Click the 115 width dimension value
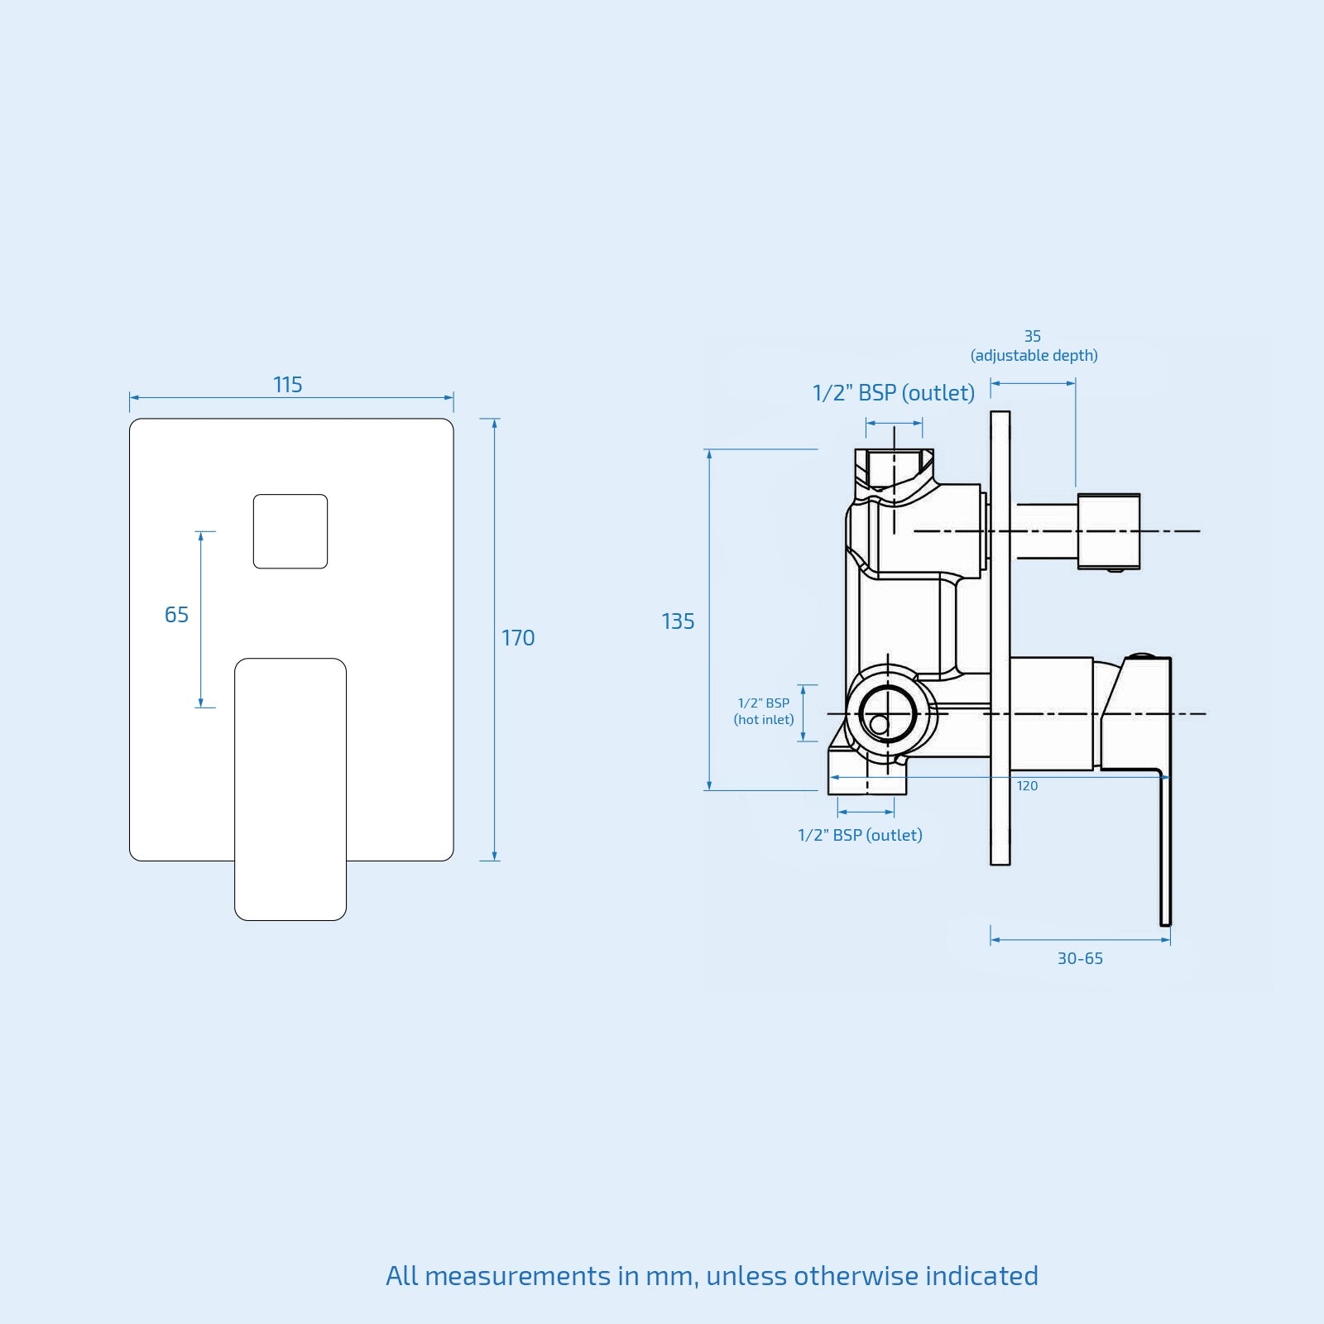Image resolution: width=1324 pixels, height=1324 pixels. (288, 385)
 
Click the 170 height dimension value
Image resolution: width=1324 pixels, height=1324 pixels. (518, 638)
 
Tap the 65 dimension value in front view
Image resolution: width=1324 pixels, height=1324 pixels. (176, 615)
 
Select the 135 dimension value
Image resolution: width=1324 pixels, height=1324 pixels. (678, 621)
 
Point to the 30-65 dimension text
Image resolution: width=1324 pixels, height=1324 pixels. (1080, 958)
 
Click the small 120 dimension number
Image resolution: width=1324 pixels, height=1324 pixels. (1027, 786)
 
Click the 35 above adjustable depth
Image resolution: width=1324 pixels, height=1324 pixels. (1033, 336)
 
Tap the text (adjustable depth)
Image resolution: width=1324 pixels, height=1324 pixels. (1034, 356)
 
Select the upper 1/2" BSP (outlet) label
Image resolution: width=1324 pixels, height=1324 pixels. (894, 393)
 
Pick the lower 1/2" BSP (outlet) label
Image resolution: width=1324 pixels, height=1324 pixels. (860, 835)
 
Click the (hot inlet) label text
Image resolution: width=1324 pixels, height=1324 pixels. (764, 720)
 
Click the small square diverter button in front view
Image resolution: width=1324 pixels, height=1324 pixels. (290, 531)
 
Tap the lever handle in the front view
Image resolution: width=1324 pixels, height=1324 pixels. (290, 789)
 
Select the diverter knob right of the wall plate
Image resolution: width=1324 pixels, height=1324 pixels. (1109, 531)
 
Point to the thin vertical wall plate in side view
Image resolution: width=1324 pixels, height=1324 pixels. (1000, 638)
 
